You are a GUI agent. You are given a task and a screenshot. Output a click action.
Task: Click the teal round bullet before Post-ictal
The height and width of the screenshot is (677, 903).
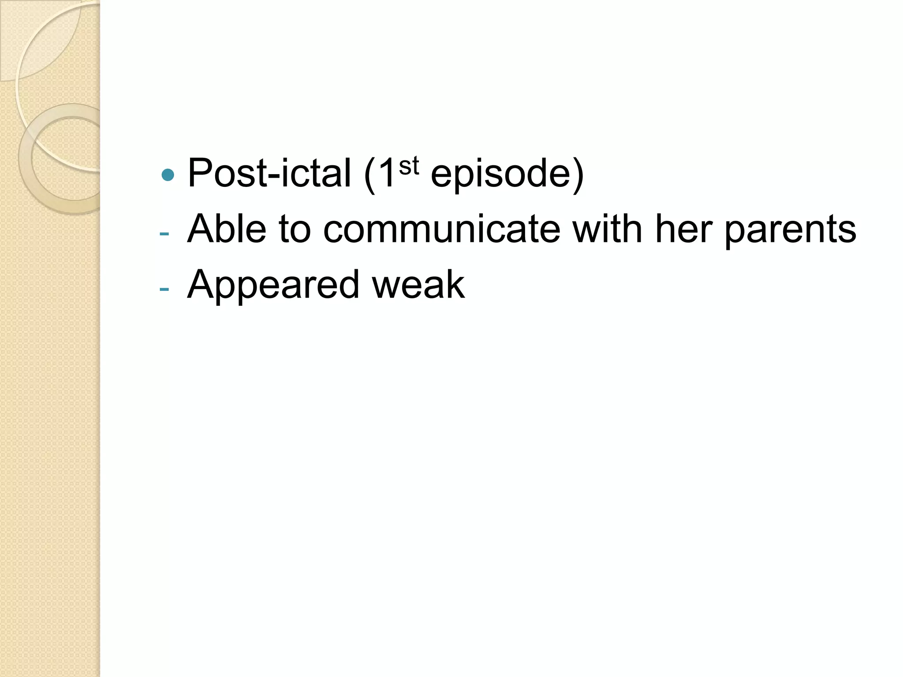point(168,175)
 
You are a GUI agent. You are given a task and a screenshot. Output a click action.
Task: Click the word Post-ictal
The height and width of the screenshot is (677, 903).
point(269,173)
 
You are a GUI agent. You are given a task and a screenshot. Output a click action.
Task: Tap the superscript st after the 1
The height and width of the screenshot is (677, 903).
point(409,166)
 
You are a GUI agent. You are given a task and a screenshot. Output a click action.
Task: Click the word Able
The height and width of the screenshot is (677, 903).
point(227,229)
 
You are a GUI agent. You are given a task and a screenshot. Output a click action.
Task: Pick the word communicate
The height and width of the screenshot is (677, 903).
point(441,229)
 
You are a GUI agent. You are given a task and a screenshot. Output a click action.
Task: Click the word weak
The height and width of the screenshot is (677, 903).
point(418,285)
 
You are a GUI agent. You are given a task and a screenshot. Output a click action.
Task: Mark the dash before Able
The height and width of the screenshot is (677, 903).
point(164,234)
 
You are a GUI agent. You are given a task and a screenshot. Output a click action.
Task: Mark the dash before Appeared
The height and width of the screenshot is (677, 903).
point(164,290)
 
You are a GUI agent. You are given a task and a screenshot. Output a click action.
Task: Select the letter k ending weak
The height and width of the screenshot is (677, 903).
point(454,285)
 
